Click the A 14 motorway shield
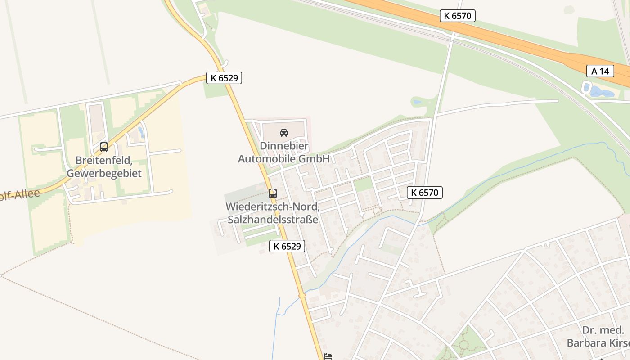click(600, 71)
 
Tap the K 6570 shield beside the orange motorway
click(457, 16)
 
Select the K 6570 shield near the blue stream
click(425, 193)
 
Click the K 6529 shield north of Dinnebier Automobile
click(224, 78)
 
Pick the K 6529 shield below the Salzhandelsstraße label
click(287, 246)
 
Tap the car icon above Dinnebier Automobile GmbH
click(284, 132)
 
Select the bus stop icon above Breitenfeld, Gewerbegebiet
click(104, 147)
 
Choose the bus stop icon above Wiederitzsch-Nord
click(272, 193)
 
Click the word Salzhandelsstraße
click(273, 220)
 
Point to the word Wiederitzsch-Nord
click(273, 207)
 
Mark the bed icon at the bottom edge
click(328, 356)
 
